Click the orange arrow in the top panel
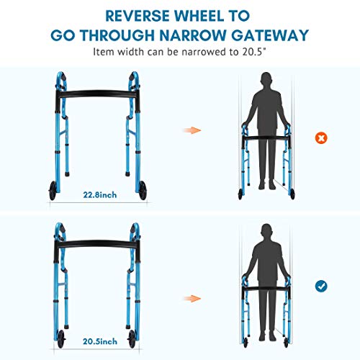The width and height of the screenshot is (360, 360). [191, 130]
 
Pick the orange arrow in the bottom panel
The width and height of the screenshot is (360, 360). [191, 297]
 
